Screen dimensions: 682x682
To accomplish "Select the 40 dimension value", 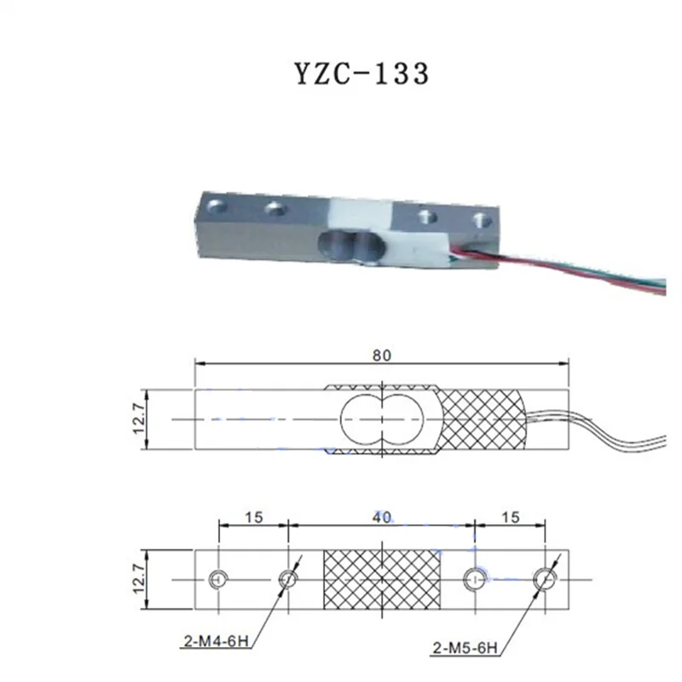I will click(x=382, y=517).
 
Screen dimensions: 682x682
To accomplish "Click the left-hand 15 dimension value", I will click(x=253, y=517).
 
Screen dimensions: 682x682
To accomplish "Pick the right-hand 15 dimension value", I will click(x=510, y=517).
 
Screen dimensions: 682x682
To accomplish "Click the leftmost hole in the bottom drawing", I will click(x=219, y=580).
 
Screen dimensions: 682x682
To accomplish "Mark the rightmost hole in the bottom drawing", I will click(x=545, y=580).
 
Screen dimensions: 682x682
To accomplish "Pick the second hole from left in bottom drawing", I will click(x=288, y=580).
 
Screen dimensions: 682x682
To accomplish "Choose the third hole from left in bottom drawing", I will click(x=474, y=580).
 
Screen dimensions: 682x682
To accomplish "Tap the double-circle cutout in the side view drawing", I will click(x=381, y=419).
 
